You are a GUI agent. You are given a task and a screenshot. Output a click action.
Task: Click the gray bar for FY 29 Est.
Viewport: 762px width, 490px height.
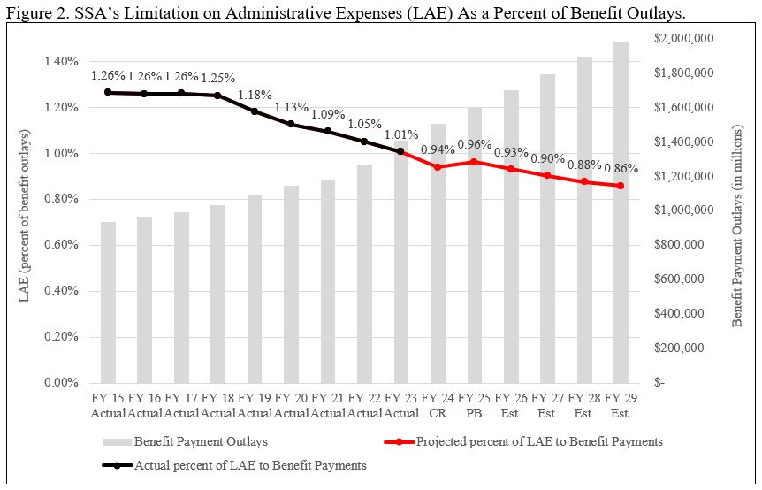click(x=621, y=212)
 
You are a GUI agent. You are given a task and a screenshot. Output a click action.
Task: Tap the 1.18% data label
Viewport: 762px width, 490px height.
click(x=255, y=95)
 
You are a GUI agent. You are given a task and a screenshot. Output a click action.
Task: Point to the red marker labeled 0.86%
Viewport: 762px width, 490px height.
click(x=621, y=186)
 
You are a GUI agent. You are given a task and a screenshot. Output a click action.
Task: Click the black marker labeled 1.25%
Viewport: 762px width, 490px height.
click(x=217, y=96)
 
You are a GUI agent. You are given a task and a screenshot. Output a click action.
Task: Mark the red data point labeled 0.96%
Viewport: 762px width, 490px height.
click(x=474, y=162)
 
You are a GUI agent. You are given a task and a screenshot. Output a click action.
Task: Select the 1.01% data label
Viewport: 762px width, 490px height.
click(x=400, y=135)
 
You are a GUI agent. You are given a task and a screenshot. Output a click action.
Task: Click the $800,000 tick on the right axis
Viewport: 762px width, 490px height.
click(x=681, y=245)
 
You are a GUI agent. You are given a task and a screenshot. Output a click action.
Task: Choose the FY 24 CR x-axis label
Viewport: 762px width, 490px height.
click(x=438, y=406)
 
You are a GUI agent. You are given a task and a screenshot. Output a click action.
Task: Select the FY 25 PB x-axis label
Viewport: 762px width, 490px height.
click(x=474, y=406)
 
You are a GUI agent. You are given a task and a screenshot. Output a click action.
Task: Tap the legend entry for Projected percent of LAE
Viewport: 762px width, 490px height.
click(x=538, y=441)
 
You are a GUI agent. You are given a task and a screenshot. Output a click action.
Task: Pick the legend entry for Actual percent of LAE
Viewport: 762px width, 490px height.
click(x=249, y=464)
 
